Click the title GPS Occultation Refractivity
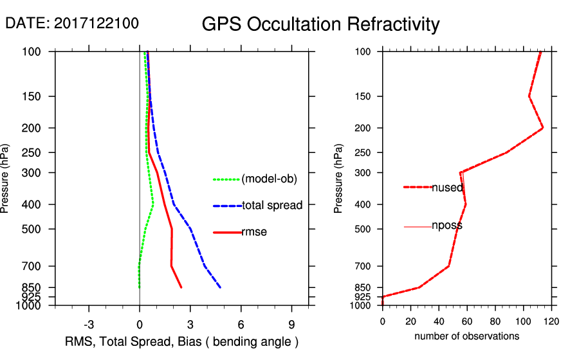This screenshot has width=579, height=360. (x=320, y=24)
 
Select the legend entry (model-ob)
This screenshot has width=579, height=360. (x=269, y=179)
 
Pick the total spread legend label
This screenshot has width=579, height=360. (x=272, y=206)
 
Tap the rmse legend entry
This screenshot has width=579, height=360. (x=254, y=232)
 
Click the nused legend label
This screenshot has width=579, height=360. (x=447, y=187)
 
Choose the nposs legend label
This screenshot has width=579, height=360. (x=447, y=226)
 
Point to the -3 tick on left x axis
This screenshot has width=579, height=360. (x=89, y=324)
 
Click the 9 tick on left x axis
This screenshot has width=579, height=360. (x=291, y=324)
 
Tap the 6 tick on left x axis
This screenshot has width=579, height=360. (x=241, y=324)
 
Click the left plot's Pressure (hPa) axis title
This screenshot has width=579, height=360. (x=6, y=179)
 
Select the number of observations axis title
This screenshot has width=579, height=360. (x=466, y=336)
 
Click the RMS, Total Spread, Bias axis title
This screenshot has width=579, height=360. (x=182, y=341)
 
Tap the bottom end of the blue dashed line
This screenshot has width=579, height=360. (x=221, y=287)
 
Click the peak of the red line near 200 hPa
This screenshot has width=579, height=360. (x=543, y=128)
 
